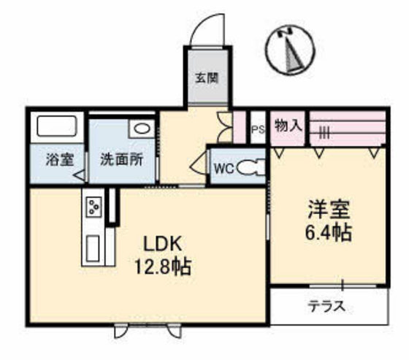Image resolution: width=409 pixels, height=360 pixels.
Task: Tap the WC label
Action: [x=222, y=168]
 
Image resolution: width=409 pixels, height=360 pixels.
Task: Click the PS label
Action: [x=257, y=129]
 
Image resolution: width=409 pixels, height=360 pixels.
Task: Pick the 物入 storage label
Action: [x=288, y=126]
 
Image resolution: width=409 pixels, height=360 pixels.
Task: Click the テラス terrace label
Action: [x=326, y=306]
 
